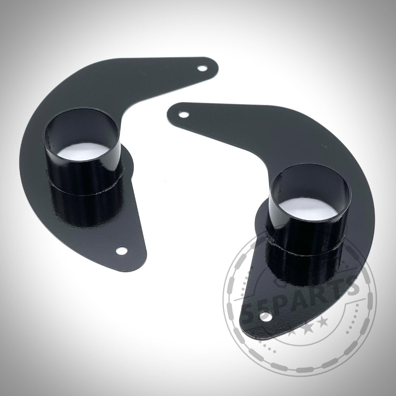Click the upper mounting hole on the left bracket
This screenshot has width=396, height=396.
click(x=201, y=68)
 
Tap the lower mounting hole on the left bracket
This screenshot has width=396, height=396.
click(x=122, y=251)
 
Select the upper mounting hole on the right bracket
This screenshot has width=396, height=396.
click(x=184, y=115)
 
